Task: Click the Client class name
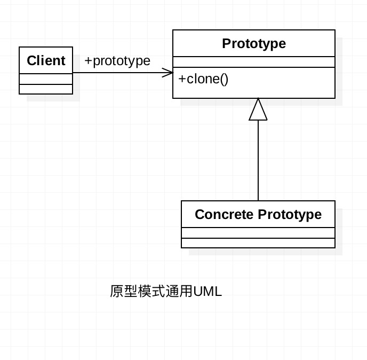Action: tap(46, 61)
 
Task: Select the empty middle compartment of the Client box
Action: tap(46, 79)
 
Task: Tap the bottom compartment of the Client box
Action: tap(46, 89)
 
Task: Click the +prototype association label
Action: tap(117, 61)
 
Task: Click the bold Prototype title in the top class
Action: tap(254, 43)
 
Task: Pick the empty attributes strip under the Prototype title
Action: tap(254, 62)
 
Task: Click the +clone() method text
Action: tap(203, 79)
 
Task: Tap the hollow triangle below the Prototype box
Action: tap(258, 110)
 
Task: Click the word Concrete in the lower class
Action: tap(224, 215)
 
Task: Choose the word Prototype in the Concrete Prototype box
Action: tap(290, 215)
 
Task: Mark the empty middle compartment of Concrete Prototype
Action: tap(258, 233)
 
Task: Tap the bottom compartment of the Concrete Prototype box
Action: tap(258, 243)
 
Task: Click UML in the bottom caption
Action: tap(208, 292)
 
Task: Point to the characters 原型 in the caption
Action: tap(123, 292)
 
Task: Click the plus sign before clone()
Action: tap(182, 79)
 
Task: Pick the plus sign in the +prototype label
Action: tap(88, 61)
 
